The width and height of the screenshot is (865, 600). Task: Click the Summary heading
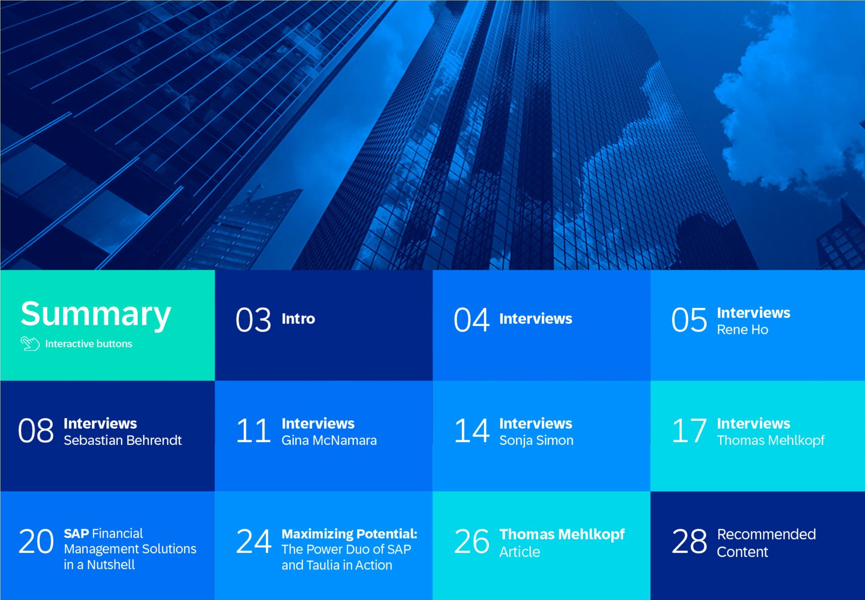96,314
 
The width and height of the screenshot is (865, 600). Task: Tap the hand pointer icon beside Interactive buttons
30,344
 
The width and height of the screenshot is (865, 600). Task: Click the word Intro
298,319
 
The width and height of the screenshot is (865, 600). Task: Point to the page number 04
471,320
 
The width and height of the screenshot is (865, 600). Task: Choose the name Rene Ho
742,330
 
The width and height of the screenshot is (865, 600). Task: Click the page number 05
689,320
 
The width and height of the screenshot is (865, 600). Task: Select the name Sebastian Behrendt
123,440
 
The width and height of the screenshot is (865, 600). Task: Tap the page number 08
36,431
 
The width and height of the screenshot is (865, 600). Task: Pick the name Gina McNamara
329,440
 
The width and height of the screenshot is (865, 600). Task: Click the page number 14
471,431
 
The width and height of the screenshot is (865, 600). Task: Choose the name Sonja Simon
536,440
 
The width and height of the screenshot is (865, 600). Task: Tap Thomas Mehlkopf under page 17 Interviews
771,440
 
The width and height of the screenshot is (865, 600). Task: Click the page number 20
36,541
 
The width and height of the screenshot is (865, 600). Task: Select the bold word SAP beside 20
76,534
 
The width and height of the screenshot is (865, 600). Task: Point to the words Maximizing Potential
349,534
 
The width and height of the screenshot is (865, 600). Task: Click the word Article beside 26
520,552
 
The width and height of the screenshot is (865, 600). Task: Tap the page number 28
689,541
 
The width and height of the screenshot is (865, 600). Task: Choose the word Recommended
766,534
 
